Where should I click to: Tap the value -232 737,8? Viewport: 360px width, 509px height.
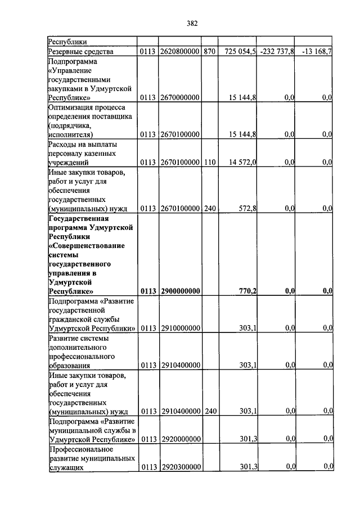(x=276, y=52)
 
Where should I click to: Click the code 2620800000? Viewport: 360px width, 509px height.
(x=180, y=52)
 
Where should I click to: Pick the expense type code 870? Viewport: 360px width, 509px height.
(x=209, y=52)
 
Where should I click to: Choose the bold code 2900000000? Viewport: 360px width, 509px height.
(x=180, y=291)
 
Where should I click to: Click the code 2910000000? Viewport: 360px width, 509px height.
(x=180, y=328)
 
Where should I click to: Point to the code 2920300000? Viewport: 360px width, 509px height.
(x=180, y=467)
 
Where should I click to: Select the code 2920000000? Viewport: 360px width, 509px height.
(x=180, y=439)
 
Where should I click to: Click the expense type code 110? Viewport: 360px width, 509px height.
(x=209, y=163)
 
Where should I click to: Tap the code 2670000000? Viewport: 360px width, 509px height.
(x=180, y=98)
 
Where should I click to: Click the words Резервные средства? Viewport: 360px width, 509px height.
(x=81, y=52)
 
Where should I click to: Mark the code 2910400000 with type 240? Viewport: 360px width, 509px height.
(x=180, y=412)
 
